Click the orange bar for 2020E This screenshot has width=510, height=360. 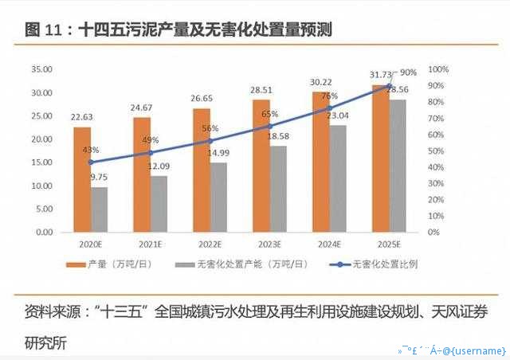point(82,179)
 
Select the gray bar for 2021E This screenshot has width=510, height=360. point(159,204)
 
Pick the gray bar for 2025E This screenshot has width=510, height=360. point(397,166)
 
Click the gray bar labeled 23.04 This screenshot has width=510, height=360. point(337,178)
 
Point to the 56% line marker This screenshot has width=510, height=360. point(210,141)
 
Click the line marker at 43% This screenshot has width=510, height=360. point(91,162)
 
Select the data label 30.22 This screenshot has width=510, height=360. point(320,82)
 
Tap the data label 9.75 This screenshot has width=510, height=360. point(100,178)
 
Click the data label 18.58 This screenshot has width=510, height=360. point(278,137)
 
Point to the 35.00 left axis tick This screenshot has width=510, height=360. point(42,70)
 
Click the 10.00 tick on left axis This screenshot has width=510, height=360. point(42,186)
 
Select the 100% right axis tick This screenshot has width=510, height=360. point(440,70)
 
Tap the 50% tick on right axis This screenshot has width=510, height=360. point(437,151)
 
